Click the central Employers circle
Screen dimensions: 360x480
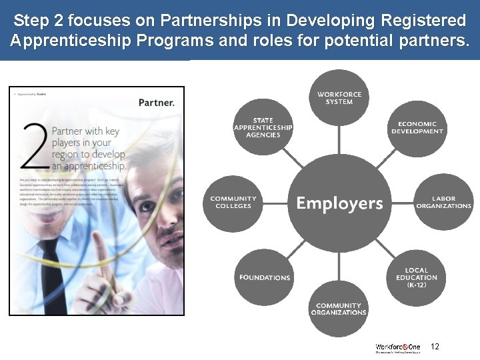coord(339,203)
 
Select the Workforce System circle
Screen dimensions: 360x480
coord(339,98)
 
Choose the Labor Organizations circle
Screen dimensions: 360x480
coord(443,202)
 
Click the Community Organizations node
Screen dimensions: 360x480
coord(339,309)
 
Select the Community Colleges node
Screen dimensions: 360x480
coord(233,202)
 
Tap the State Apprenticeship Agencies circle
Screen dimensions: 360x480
coord(263,127)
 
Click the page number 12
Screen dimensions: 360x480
coord(435,347)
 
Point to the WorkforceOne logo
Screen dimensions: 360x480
coord(398,347)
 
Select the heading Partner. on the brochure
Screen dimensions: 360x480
coord(157,103)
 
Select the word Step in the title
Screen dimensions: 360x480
coord(31,19)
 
